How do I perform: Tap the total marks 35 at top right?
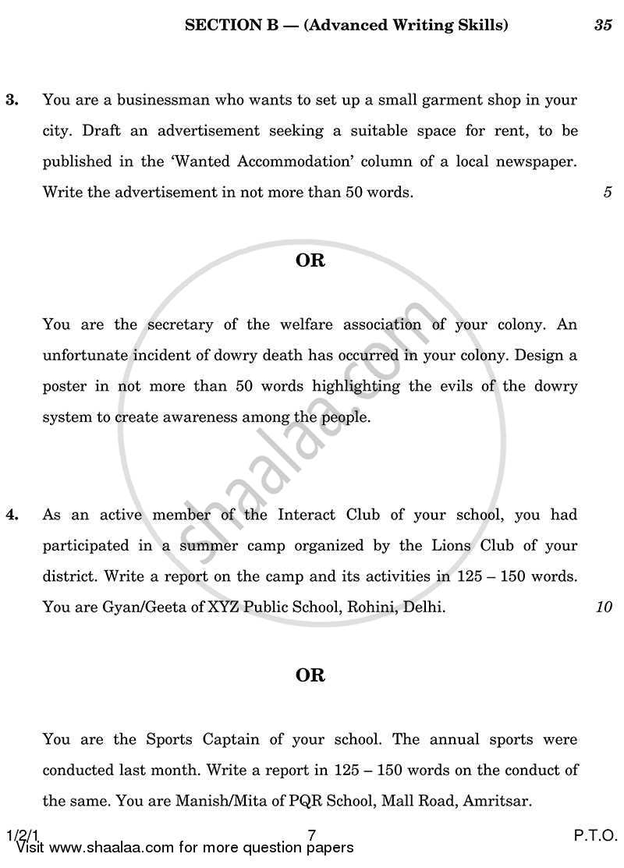tap(602, 25)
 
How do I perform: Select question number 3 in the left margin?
tap(12, 100)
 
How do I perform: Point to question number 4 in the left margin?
tap(12, 515)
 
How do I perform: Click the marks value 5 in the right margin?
tap(607, 192)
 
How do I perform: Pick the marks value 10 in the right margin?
tap(604, 607)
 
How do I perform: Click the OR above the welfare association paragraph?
tap(310, 260)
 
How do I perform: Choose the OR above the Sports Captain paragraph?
tap(310, 675)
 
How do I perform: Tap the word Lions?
tap(456, 546)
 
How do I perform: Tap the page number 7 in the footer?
tap(311, 834)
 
